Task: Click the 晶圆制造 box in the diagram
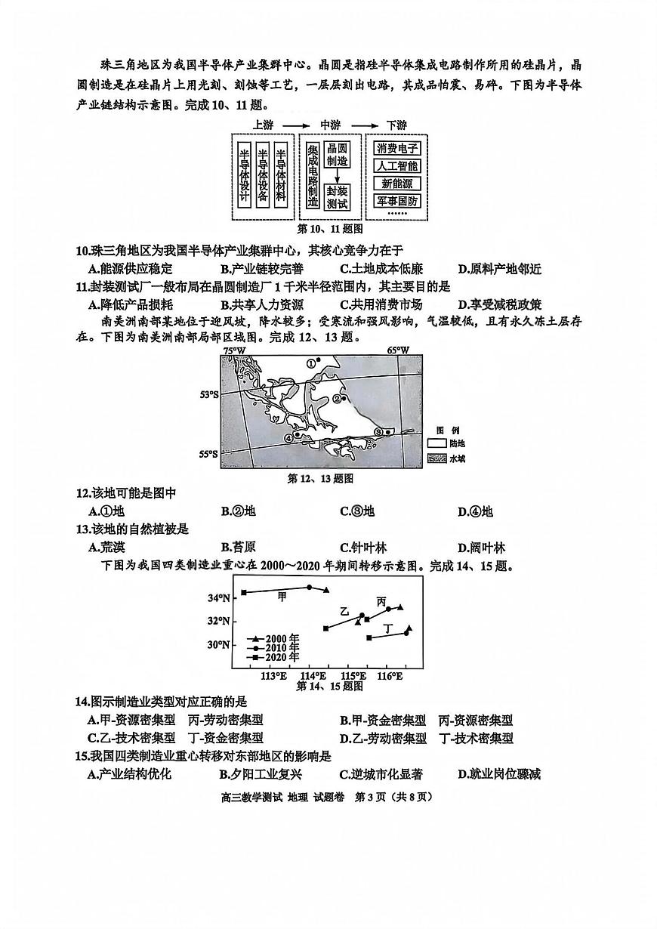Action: coord(337,156)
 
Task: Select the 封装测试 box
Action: coord(337,197)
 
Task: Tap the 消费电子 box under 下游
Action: coord(397,149)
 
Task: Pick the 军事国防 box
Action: coord(397,202)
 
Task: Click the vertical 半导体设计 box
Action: coord(244,175)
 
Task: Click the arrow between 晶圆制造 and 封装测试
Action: coord(337,177)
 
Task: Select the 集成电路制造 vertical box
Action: coord(313,176)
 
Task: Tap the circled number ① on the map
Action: coord(310,363)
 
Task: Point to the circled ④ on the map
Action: coord(288,437)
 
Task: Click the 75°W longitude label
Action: coord(233,350)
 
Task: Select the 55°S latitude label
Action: coord(208,454)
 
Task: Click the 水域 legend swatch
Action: coord(437,458)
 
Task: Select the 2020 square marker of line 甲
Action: coord(244,593)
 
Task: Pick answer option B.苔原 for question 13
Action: coord(239,547)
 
